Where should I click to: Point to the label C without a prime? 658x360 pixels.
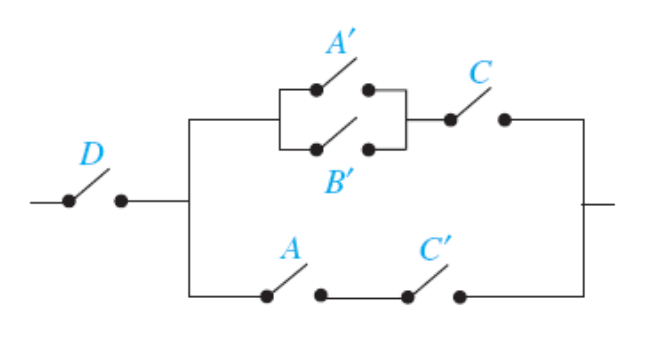click(480, 74)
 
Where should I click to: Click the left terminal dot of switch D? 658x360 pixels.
click(68, 201)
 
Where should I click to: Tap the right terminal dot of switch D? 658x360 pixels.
click(121, 201)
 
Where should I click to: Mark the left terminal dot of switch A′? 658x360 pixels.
click(316, 90)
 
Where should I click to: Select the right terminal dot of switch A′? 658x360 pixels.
click(368, 90)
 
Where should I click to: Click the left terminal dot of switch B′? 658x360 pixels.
click(316, 150)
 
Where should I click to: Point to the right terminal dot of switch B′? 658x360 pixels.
click(368, 150)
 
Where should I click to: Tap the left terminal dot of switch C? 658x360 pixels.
click(450, 120)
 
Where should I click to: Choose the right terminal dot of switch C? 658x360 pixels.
click(504, 120)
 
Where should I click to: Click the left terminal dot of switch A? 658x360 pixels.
click(267, 296)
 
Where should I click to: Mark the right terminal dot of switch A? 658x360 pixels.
click(320, 296)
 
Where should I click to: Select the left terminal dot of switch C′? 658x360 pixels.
click(407, 296)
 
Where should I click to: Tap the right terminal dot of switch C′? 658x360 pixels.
click(459, 296)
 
